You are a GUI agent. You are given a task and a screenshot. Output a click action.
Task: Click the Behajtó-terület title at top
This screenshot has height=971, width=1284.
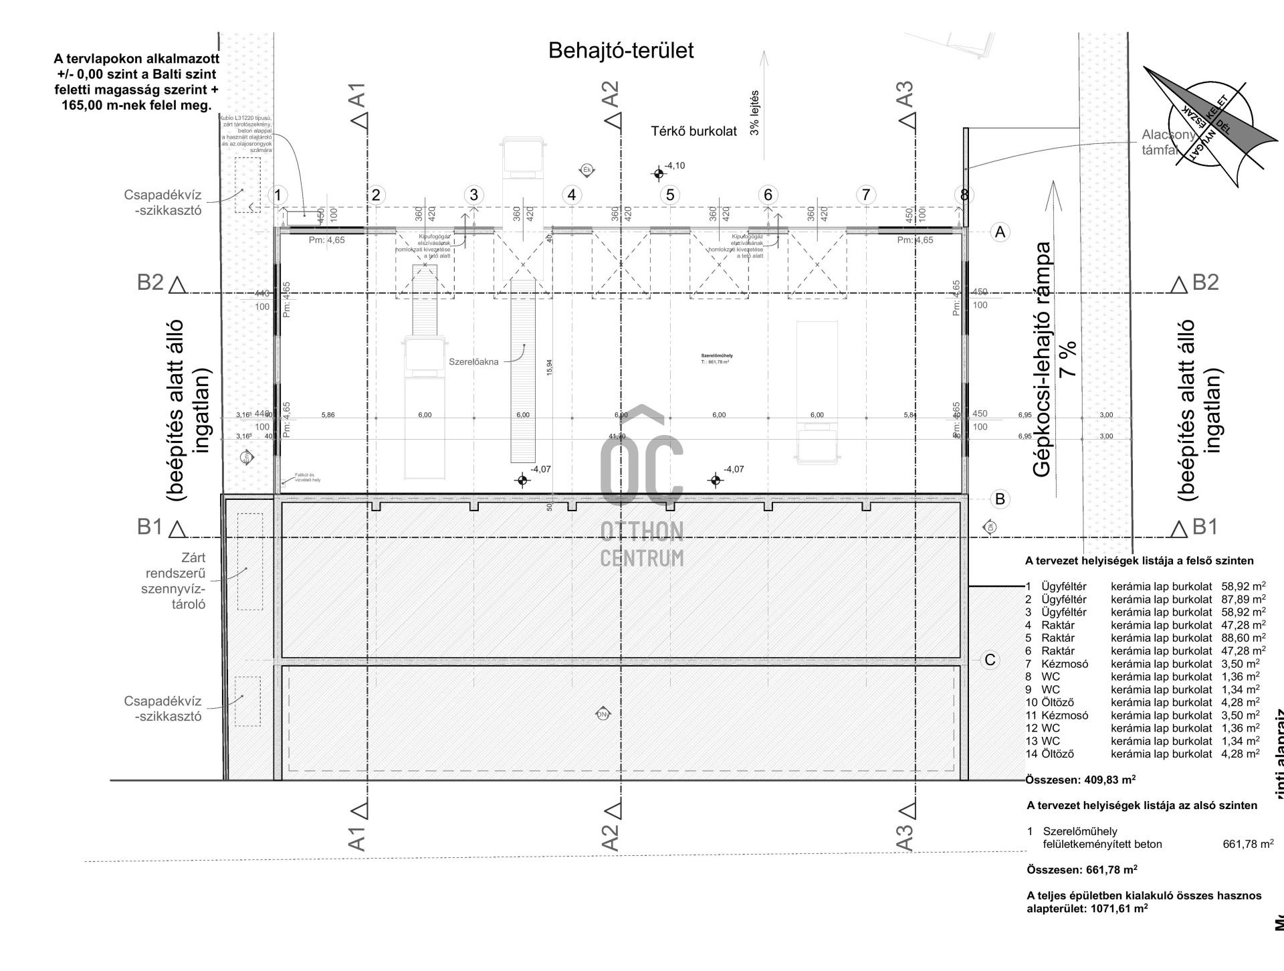tap(621, 51)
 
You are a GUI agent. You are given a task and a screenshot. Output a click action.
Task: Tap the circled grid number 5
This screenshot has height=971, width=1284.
tap(669, 195)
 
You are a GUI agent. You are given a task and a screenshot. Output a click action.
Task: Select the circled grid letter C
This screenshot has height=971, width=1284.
tap(990, 660)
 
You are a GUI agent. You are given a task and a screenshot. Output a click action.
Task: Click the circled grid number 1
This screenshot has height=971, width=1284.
tap(278, 195)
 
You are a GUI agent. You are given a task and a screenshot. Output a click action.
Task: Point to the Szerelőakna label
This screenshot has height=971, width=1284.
tap(473, 362)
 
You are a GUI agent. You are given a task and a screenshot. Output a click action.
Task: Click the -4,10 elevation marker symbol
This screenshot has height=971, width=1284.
tap(659, 174)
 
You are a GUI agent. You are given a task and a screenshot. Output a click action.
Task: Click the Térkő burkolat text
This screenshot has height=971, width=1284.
tap(693, 132)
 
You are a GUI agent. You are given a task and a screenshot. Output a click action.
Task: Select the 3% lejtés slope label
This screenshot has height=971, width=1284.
tap(755, 112)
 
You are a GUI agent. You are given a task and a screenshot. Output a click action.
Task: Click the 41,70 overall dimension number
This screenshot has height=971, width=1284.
tap(617, 436)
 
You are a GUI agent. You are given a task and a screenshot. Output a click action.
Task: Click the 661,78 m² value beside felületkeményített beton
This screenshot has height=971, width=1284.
tap(1248, 845)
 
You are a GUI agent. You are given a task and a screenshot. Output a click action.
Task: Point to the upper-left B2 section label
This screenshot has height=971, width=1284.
tap(150, 282)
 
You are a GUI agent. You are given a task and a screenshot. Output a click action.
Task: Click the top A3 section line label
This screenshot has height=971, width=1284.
tap(904, 94)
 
